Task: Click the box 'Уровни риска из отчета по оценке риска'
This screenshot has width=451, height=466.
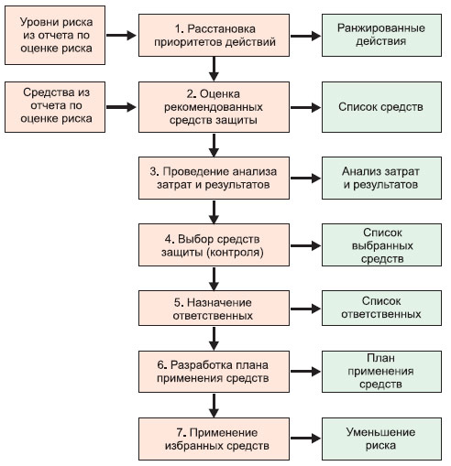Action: (55, 35)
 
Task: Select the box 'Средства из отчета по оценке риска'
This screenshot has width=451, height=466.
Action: (55, 107)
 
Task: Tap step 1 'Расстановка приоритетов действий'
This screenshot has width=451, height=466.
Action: (214, 35)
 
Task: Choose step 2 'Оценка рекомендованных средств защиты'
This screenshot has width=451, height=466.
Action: (214, 107)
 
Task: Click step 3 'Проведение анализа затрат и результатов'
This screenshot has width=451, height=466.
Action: (214, 178)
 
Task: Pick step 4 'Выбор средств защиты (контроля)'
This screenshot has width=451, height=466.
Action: (214, 245)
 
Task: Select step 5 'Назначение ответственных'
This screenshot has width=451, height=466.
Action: (214, 309)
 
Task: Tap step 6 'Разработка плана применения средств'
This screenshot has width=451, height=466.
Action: (214, 372)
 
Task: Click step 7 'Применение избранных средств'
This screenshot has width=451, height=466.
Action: (214, 439)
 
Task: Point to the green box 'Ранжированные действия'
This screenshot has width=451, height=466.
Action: (381, 35)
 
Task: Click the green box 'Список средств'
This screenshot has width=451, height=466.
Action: (381, 107)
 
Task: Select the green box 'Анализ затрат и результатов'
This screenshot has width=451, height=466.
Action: (381, 178)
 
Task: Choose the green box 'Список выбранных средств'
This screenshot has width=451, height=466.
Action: (381, 245)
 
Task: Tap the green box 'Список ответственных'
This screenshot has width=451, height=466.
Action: (381, 309)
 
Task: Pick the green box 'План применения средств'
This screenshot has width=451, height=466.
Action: (381, 372)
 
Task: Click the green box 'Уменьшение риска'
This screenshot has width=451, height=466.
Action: (381, 439)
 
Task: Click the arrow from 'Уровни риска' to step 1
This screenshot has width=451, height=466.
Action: (121, 35)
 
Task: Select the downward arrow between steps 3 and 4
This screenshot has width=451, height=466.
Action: (214, 212)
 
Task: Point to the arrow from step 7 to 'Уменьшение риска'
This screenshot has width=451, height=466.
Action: (305, 439)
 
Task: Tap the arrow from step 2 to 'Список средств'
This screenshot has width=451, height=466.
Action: (305, 107)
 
